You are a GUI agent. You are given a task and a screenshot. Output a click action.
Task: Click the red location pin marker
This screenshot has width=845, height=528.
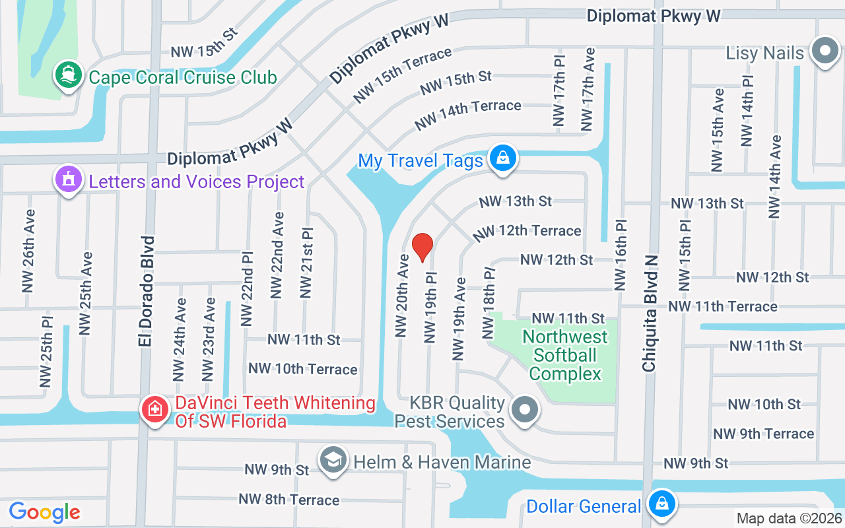coord(422,247)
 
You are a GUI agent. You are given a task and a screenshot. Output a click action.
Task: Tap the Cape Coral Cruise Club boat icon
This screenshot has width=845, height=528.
coord(68,74)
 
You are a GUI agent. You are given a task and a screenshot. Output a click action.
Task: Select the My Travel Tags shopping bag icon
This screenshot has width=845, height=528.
coord(503,159)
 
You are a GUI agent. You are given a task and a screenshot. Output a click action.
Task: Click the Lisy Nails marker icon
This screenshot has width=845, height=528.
coord(824,51)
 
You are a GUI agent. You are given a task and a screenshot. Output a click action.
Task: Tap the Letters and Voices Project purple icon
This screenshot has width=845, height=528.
coord(69,180)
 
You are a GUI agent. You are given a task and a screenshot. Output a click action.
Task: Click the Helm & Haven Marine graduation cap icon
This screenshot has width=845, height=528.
coord(333,460)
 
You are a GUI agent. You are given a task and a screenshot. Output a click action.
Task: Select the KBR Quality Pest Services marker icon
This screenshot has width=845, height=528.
coord(525,411)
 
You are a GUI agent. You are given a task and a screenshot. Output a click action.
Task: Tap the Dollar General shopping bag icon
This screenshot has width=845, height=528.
coord(661,505)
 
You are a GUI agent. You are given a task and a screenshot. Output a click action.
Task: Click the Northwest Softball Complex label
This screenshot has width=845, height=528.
coord(565,355)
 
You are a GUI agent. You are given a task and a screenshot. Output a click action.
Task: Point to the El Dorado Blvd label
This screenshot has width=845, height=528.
coord(147,290)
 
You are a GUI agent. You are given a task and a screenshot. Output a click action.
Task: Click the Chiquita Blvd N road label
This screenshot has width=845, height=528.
coord(651,304)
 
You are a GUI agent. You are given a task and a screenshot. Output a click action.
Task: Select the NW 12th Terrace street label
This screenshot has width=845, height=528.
coord(527,231)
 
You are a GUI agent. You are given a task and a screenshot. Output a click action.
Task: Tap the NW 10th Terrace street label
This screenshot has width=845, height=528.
coord(302,369)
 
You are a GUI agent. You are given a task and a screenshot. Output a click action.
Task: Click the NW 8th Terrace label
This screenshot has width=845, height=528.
coord(289,500)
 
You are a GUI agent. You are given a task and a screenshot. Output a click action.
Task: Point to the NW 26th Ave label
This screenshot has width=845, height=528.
coord(28,251)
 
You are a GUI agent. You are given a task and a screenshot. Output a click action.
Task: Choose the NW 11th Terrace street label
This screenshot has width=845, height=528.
coord(722,306)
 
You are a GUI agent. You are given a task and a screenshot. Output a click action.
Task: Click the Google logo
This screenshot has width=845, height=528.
coord(45,512)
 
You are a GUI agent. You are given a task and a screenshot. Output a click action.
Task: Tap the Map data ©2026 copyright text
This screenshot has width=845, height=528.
coord(789,519)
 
